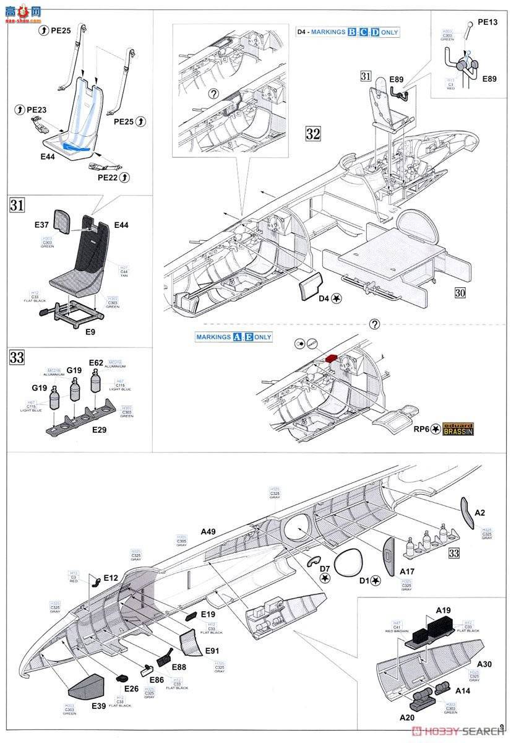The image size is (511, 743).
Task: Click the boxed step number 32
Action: [313, 134]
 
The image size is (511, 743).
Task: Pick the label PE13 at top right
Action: [487, 22]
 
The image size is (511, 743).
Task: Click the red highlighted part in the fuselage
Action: [332, 358]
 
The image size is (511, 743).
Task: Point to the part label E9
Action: [90, 331]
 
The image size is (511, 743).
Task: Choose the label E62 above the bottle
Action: [96, 363]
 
